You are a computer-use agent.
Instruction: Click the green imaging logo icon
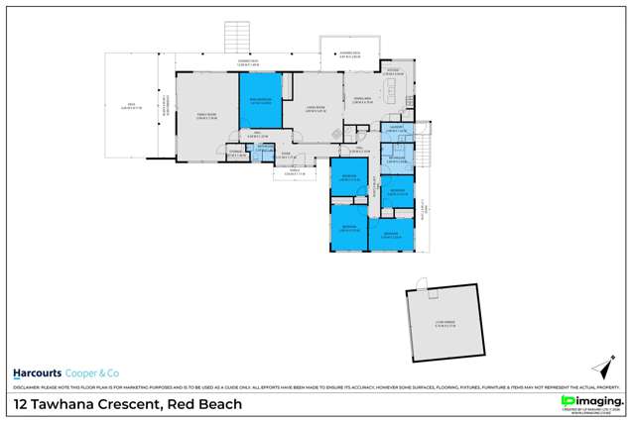point(569,400)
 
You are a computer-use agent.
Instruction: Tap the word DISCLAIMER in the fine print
point(27,387)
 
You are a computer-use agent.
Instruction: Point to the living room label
point(317,109)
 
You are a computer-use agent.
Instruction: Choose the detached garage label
point(444,322)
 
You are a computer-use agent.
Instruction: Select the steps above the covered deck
point(236,39)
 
